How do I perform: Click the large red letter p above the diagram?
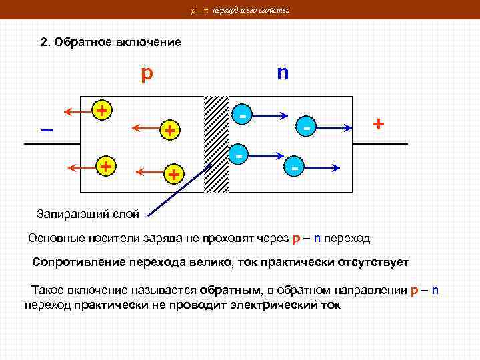[x=146, y=73]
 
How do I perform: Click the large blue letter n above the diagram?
[x=283, y=71]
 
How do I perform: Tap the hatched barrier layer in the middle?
[x=216, y=144]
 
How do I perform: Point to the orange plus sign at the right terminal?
[x=379, y=124]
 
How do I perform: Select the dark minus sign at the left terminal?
[x=47, y=129]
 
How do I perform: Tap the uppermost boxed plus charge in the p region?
[x=101, y=110]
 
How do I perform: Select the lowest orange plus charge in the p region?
[x=173, y=175]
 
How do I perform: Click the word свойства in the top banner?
[x=273, y=10]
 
